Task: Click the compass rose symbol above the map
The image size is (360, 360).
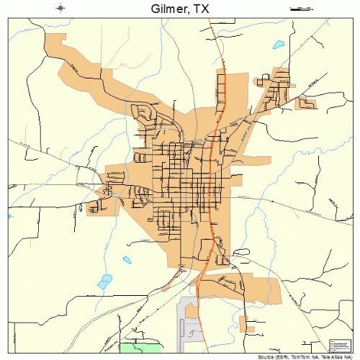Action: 61,9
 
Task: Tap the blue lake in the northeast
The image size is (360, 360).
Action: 278,45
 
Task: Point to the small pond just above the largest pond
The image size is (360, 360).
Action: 127,260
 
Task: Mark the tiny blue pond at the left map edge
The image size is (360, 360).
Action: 9,215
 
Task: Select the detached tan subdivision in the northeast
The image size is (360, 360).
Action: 305,104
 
